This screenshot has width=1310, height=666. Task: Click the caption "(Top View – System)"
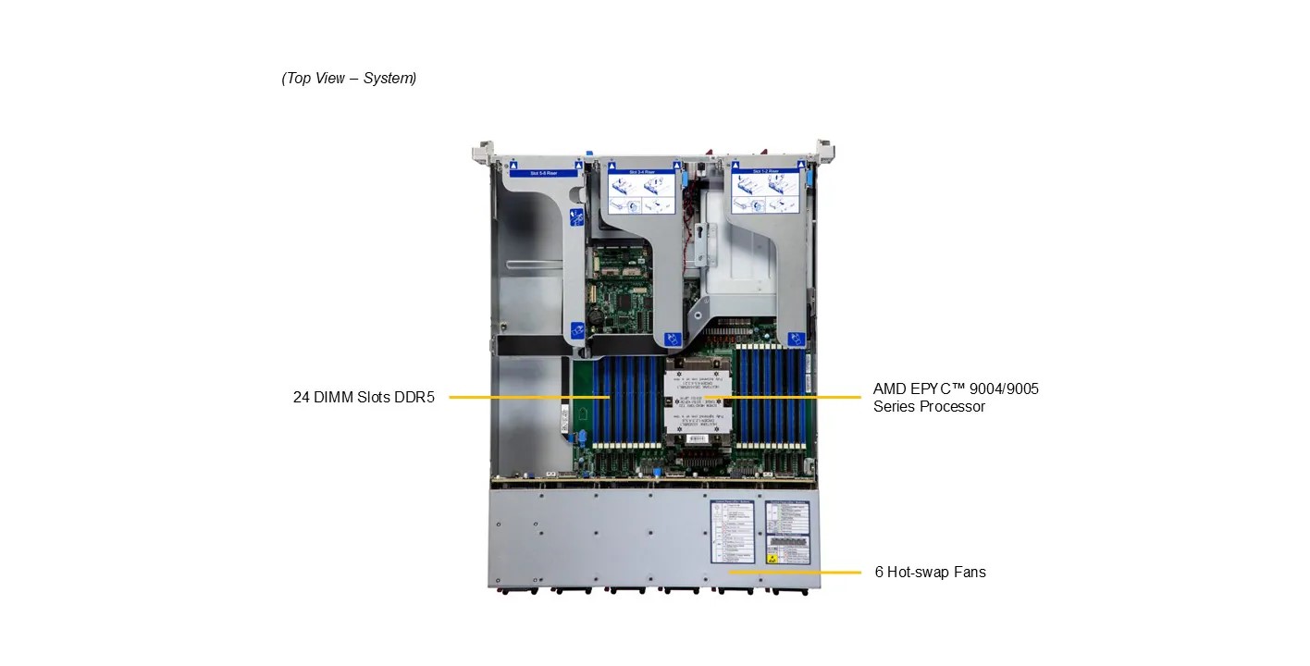coord(349,79)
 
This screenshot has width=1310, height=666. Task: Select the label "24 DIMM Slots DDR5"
coord(363,398)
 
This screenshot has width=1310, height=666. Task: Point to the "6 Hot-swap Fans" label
coord(930,572)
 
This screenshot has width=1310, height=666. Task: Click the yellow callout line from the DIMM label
coord(527,398)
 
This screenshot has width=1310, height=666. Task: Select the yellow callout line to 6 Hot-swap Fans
coord(796,573)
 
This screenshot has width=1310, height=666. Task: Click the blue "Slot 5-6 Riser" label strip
coord(544,173)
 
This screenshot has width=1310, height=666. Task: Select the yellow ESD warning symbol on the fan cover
coord(772,559)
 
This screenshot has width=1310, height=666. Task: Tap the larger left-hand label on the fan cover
coord(735,532)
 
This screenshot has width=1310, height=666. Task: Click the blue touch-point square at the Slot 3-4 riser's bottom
coord(672,340)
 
